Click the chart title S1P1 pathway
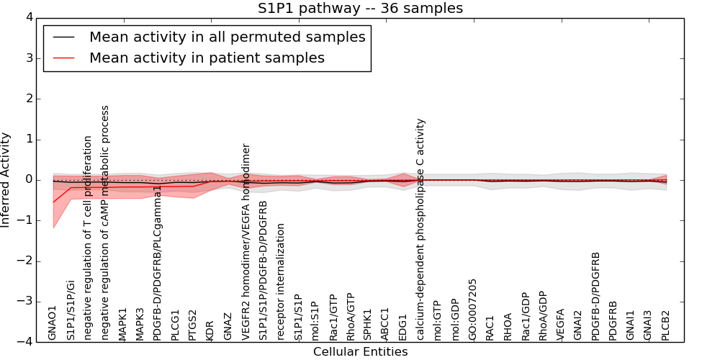pos(360,9)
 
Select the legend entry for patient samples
pos(207,58)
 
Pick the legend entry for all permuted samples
pos(227,37)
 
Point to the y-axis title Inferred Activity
pos(6,180)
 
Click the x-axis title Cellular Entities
pos(360,352)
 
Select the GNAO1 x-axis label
pos(53,323)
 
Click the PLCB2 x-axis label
pos(666,325)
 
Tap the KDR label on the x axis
pos(210,330)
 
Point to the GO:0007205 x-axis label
pos(472,309)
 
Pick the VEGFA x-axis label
pos(560,324)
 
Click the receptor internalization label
pos(280,282)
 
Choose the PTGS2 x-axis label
pos(192,325)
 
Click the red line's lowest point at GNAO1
pos(53,202)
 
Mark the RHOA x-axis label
pos(508,326)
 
